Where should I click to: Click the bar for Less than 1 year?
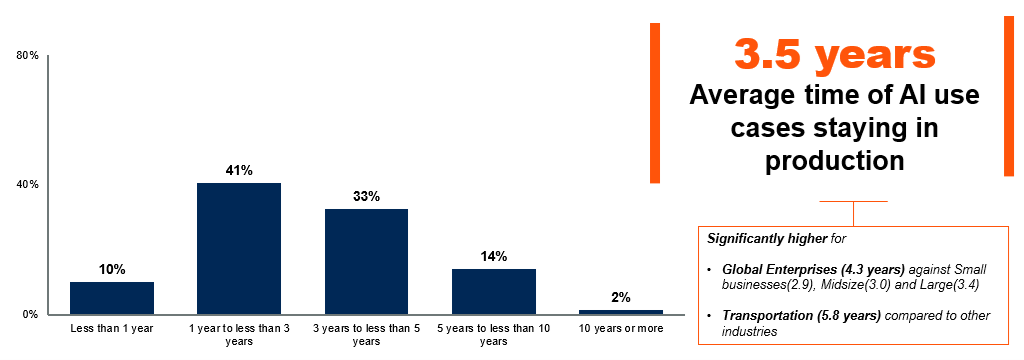(112, 298)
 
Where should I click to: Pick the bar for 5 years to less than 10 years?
(494, 291)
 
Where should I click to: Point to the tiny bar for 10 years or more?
(621, 312)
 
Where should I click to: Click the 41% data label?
(239, 170)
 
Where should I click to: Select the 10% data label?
(112, 269)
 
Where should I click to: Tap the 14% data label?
(494, 256)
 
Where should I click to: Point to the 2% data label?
(621, 297)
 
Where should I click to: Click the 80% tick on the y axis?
(27, 56)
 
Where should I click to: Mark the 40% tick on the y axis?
(27, 185)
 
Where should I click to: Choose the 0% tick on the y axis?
(30, 315)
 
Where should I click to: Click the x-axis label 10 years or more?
(621, 328)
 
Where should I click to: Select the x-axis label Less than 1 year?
(112, 328)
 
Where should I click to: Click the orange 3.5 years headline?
(835, 56)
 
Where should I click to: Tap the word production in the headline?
(834, 160)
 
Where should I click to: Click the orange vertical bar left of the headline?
(655, 103)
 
